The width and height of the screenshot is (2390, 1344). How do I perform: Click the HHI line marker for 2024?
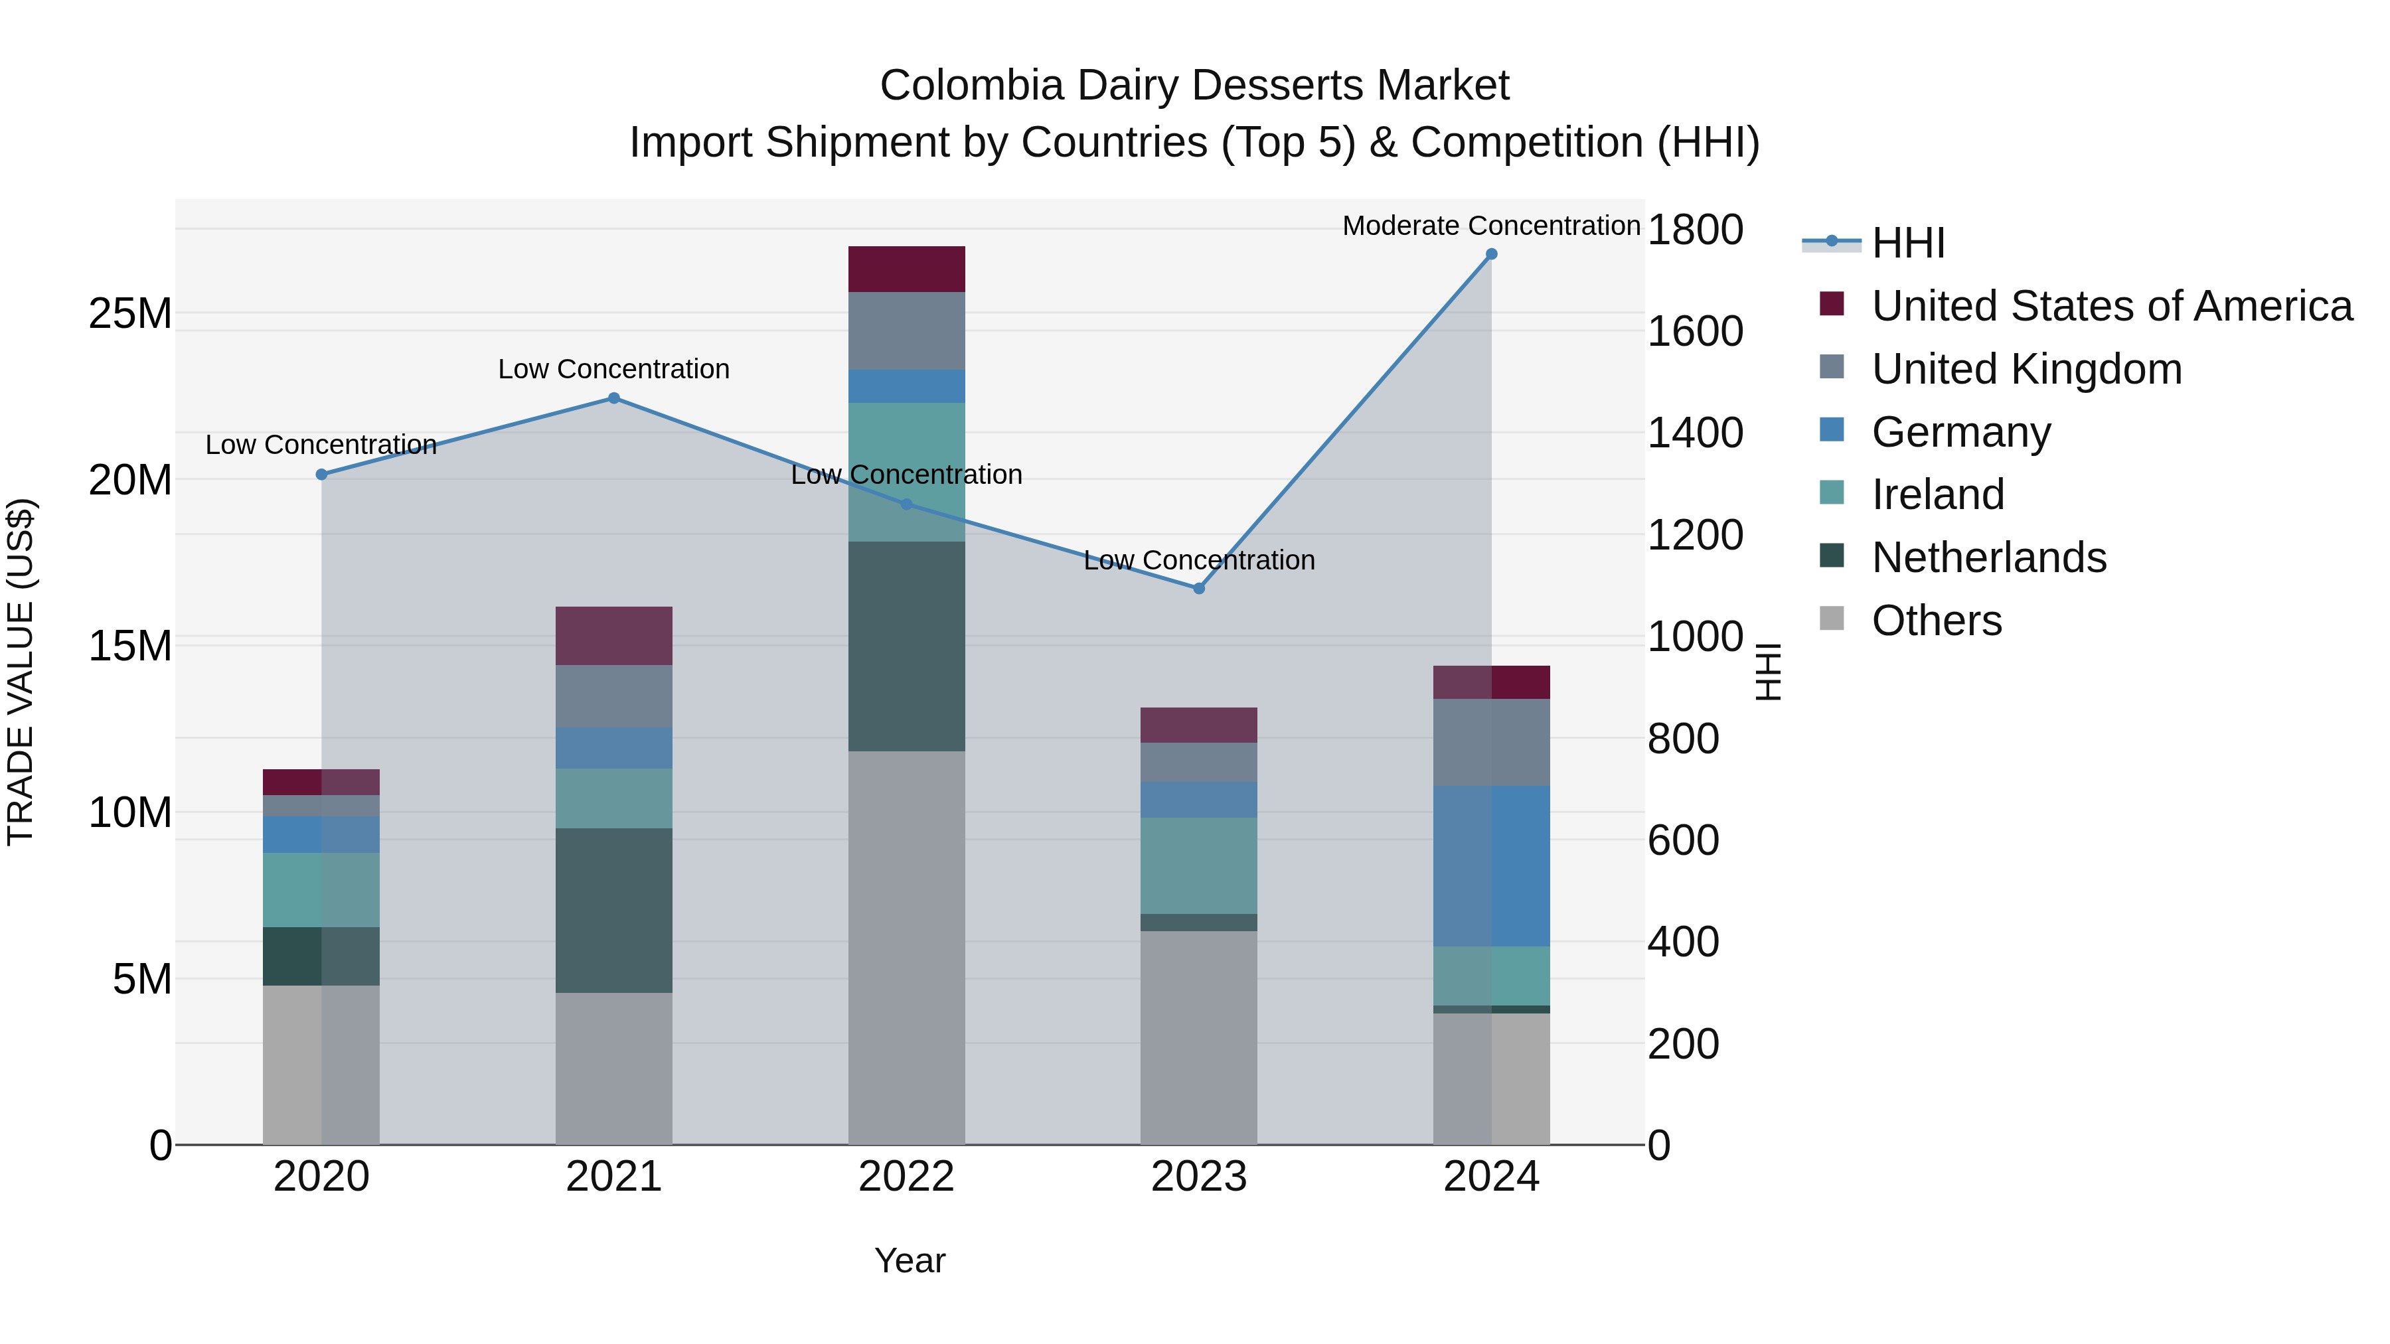pyautogui.click(x=1491, y=254)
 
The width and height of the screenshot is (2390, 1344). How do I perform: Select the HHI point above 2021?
pyautogui.click(x=613, y=398)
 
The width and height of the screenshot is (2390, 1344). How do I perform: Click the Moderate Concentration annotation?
pyautogui.click(x=1491, y=226)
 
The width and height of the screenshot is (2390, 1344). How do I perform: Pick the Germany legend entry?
pyautogui.click(x=1960, y=432)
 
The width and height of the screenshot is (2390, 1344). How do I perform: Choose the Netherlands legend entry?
pyautogui.click(x=1988, y=558)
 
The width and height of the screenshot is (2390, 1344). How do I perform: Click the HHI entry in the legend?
pyautogui.click(x=1907, y=243)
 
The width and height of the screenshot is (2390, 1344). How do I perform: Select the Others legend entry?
pyautogui.click(x=1937, y=621)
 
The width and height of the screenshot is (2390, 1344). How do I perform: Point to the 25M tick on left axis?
pyautogui.click(x=130, y=313)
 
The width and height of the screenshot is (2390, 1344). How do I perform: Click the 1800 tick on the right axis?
pyautogui.click(x=1694, y=230)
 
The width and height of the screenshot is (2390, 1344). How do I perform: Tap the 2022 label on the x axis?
pyautogui.click(x=906, y=1177)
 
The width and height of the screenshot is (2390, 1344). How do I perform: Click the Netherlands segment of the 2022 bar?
pyautogui.click(x=906, y=646)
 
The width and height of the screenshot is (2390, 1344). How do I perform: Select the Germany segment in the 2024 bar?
pyautogui.click(x=1491, y=865)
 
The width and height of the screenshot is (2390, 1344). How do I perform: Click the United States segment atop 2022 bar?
pyautogui.click(x=906, y=269)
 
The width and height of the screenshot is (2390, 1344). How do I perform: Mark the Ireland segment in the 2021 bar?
pyautogui.click(x=613, y=798)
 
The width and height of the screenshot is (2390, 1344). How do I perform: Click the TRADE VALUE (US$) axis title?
pyautogui.click(x=21, y=672)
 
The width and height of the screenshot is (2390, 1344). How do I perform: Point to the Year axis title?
pyautogui.click(x=910, y=1260)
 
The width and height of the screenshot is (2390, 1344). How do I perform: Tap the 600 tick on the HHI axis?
pyautogui.click(x=1683, y=840)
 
